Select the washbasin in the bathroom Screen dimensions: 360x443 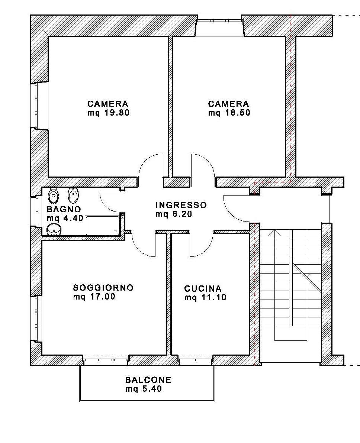(x=53, y=229)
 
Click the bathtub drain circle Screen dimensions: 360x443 (x=115, y=231)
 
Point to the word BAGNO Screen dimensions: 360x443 (x=64, y=209)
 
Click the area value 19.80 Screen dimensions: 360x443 (x=117, y=113)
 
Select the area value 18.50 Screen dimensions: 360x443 (x=238, y=113)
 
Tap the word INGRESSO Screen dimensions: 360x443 (x=181, y=205)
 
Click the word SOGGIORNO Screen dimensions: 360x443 (x=103, y=288)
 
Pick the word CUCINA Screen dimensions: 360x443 (x=203, y=289)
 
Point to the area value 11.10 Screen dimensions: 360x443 (x=214, y=298)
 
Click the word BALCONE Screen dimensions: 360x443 (x=148, y=380)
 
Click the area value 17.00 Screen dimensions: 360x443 (x=103, y=297)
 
